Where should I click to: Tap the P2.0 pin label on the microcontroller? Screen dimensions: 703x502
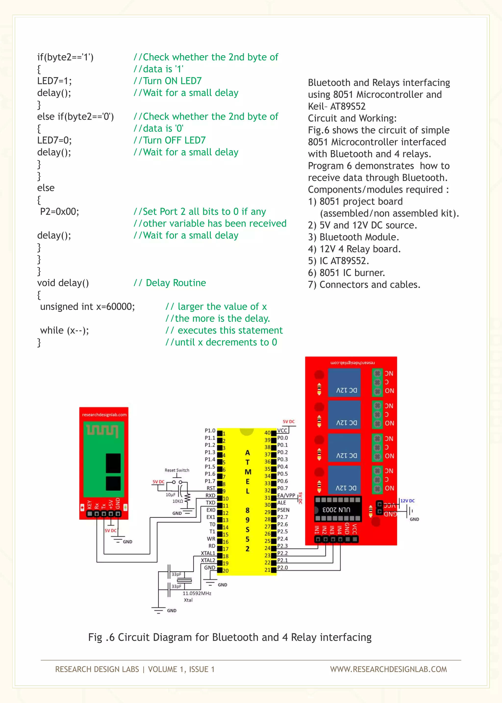point(282,568)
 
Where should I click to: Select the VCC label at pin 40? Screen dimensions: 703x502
point(282,430)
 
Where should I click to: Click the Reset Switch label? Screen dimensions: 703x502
point(177,470)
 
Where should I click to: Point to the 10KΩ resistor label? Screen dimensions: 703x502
point(177,501)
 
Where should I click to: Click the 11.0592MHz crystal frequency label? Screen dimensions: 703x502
point(197,593)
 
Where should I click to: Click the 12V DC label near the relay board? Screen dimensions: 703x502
point(407,501)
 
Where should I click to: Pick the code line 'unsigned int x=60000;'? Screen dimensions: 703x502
point(88,307)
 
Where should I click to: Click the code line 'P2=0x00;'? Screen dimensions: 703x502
point(59,212)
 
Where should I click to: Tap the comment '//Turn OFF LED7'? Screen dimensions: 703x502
point(169,140)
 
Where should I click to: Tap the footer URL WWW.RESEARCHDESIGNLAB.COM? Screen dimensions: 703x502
point(388,669)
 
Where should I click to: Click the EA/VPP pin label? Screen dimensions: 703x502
point(286,495)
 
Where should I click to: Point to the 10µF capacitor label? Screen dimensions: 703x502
point(170,495)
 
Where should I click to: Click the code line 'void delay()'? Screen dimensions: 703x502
point(63,283)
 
